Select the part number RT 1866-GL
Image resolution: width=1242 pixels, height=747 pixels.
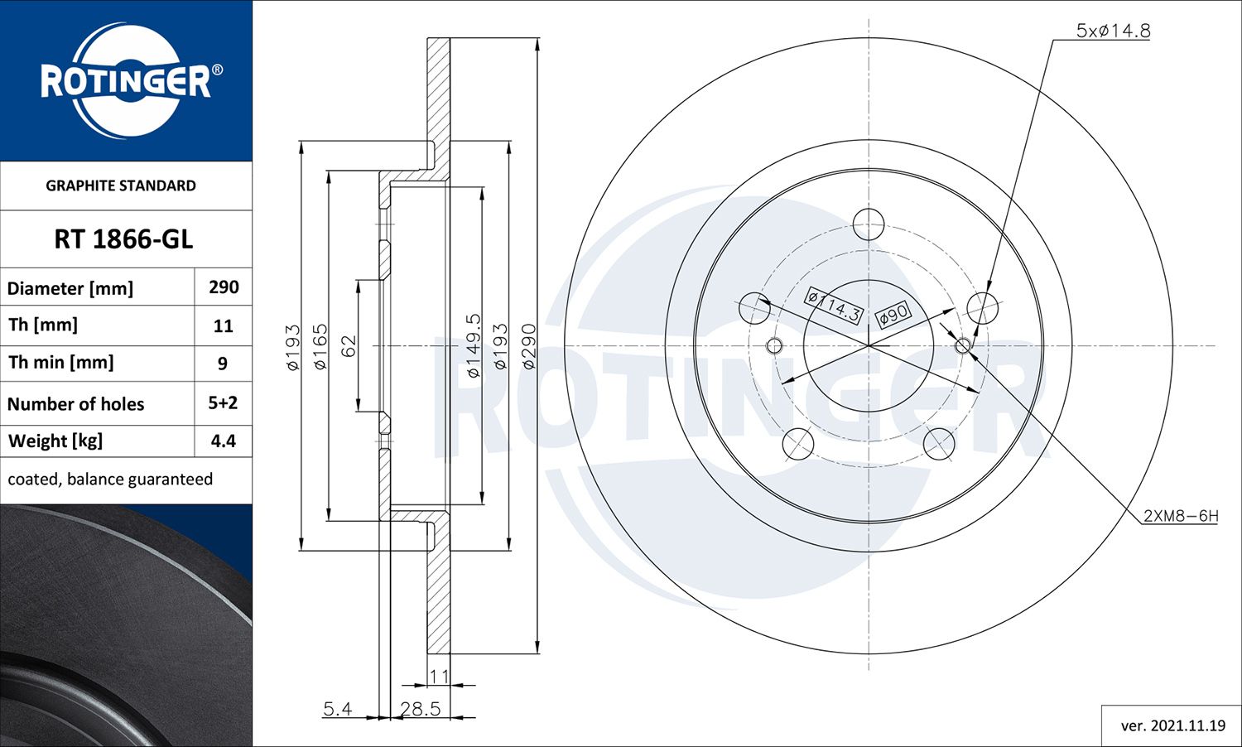(x=123, y=239)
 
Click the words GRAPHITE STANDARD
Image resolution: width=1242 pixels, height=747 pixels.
(x=121, y=186)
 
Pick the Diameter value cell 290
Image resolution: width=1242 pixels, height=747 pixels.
(x=224, y=287)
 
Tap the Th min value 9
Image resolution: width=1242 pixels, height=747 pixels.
(x=223, y=364)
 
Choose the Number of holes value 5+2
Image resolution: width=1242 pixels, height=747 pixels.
(x=223, y=402)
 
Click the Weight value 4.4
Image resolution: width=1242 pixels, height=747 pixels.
(x=223, y=441)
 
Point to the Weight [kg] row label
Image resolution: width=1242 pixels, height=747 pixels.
(x=55, y=441)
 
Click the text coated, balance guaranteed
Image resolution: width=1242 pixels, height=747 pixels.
(x=110, y=480)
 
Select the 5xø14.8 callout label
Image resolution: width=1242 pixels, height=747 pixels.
(x=1113, y=31)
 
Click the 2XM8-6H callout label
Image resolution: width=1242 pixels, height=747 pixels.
(x=1180, y=516)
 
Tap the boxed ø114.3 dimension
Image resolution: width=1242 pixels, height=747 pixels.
(x=835, y=306)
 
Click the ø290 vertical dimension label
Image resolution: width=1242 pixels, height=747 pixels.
(x=528, y=346)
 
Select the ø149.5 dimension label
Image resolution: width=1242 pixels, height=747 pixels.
(x=473, y=346)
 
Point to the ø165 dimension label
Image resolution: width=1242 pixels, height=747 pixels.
(x=320, y=346)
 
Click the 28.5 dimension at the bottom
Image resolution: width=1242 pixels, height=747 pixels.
(x=420, y=709)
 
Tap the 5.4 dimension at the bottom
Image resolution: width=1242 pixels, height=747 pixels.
(x=337, y=709)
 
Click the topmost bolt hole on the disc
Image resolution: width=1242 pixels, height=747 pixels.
(x=869, y=224)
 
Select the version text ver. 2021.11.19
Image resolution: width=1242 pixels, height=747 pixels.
(x=1172, y=725)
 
